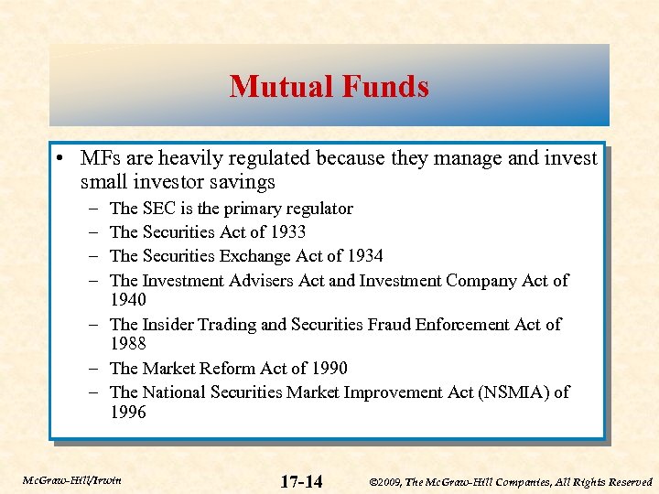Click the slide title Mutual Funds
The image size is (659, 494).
(x=329, y=87)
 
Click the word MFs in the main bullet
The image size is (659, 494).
(x=99, y=158)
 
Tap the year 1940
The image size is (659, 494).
(x=128, y=300)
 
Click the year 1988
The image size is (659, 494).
(x=128, y=344)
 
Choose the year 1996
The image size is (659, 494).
(x=128, y=413)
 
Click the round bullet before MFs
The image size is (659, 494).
(x=59, y=158)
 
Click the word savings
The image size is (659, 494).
(x=244, y=181)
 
